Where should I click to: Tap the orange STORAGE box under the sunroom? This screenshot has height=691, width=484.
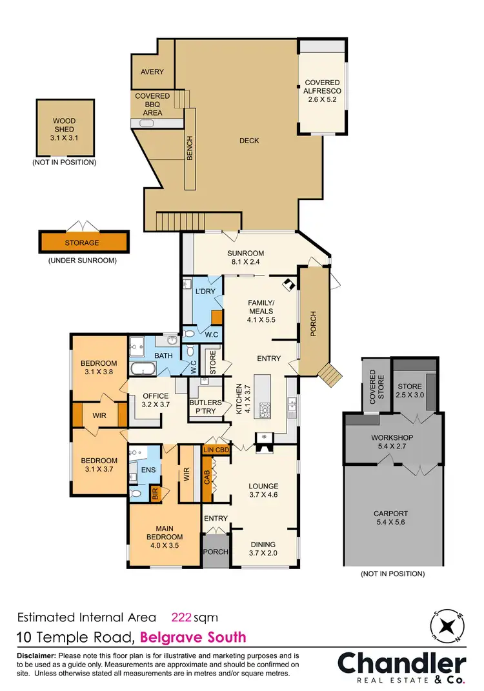(82, 243)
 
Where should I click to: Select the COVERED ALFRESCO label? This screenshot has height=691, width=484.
(323, 91)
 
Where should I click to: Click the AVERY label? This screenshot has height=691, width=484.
(152, 72)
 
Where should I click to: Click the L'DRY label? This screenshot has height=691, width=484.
(205, 292)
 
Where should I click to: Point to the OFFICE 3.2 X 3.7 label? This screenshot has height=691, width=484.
(155, 401)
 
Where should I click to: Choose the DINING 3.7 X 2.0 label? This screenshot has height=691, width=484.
(263, 548)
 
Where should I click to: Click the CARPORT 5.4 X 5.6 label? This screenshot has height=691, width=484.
(392, 519)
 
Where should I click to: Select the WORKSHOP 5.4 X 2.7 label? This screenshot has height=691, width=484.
(392, 443)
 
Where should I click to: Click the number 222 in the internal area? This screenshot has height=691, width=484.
(181, 616)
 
